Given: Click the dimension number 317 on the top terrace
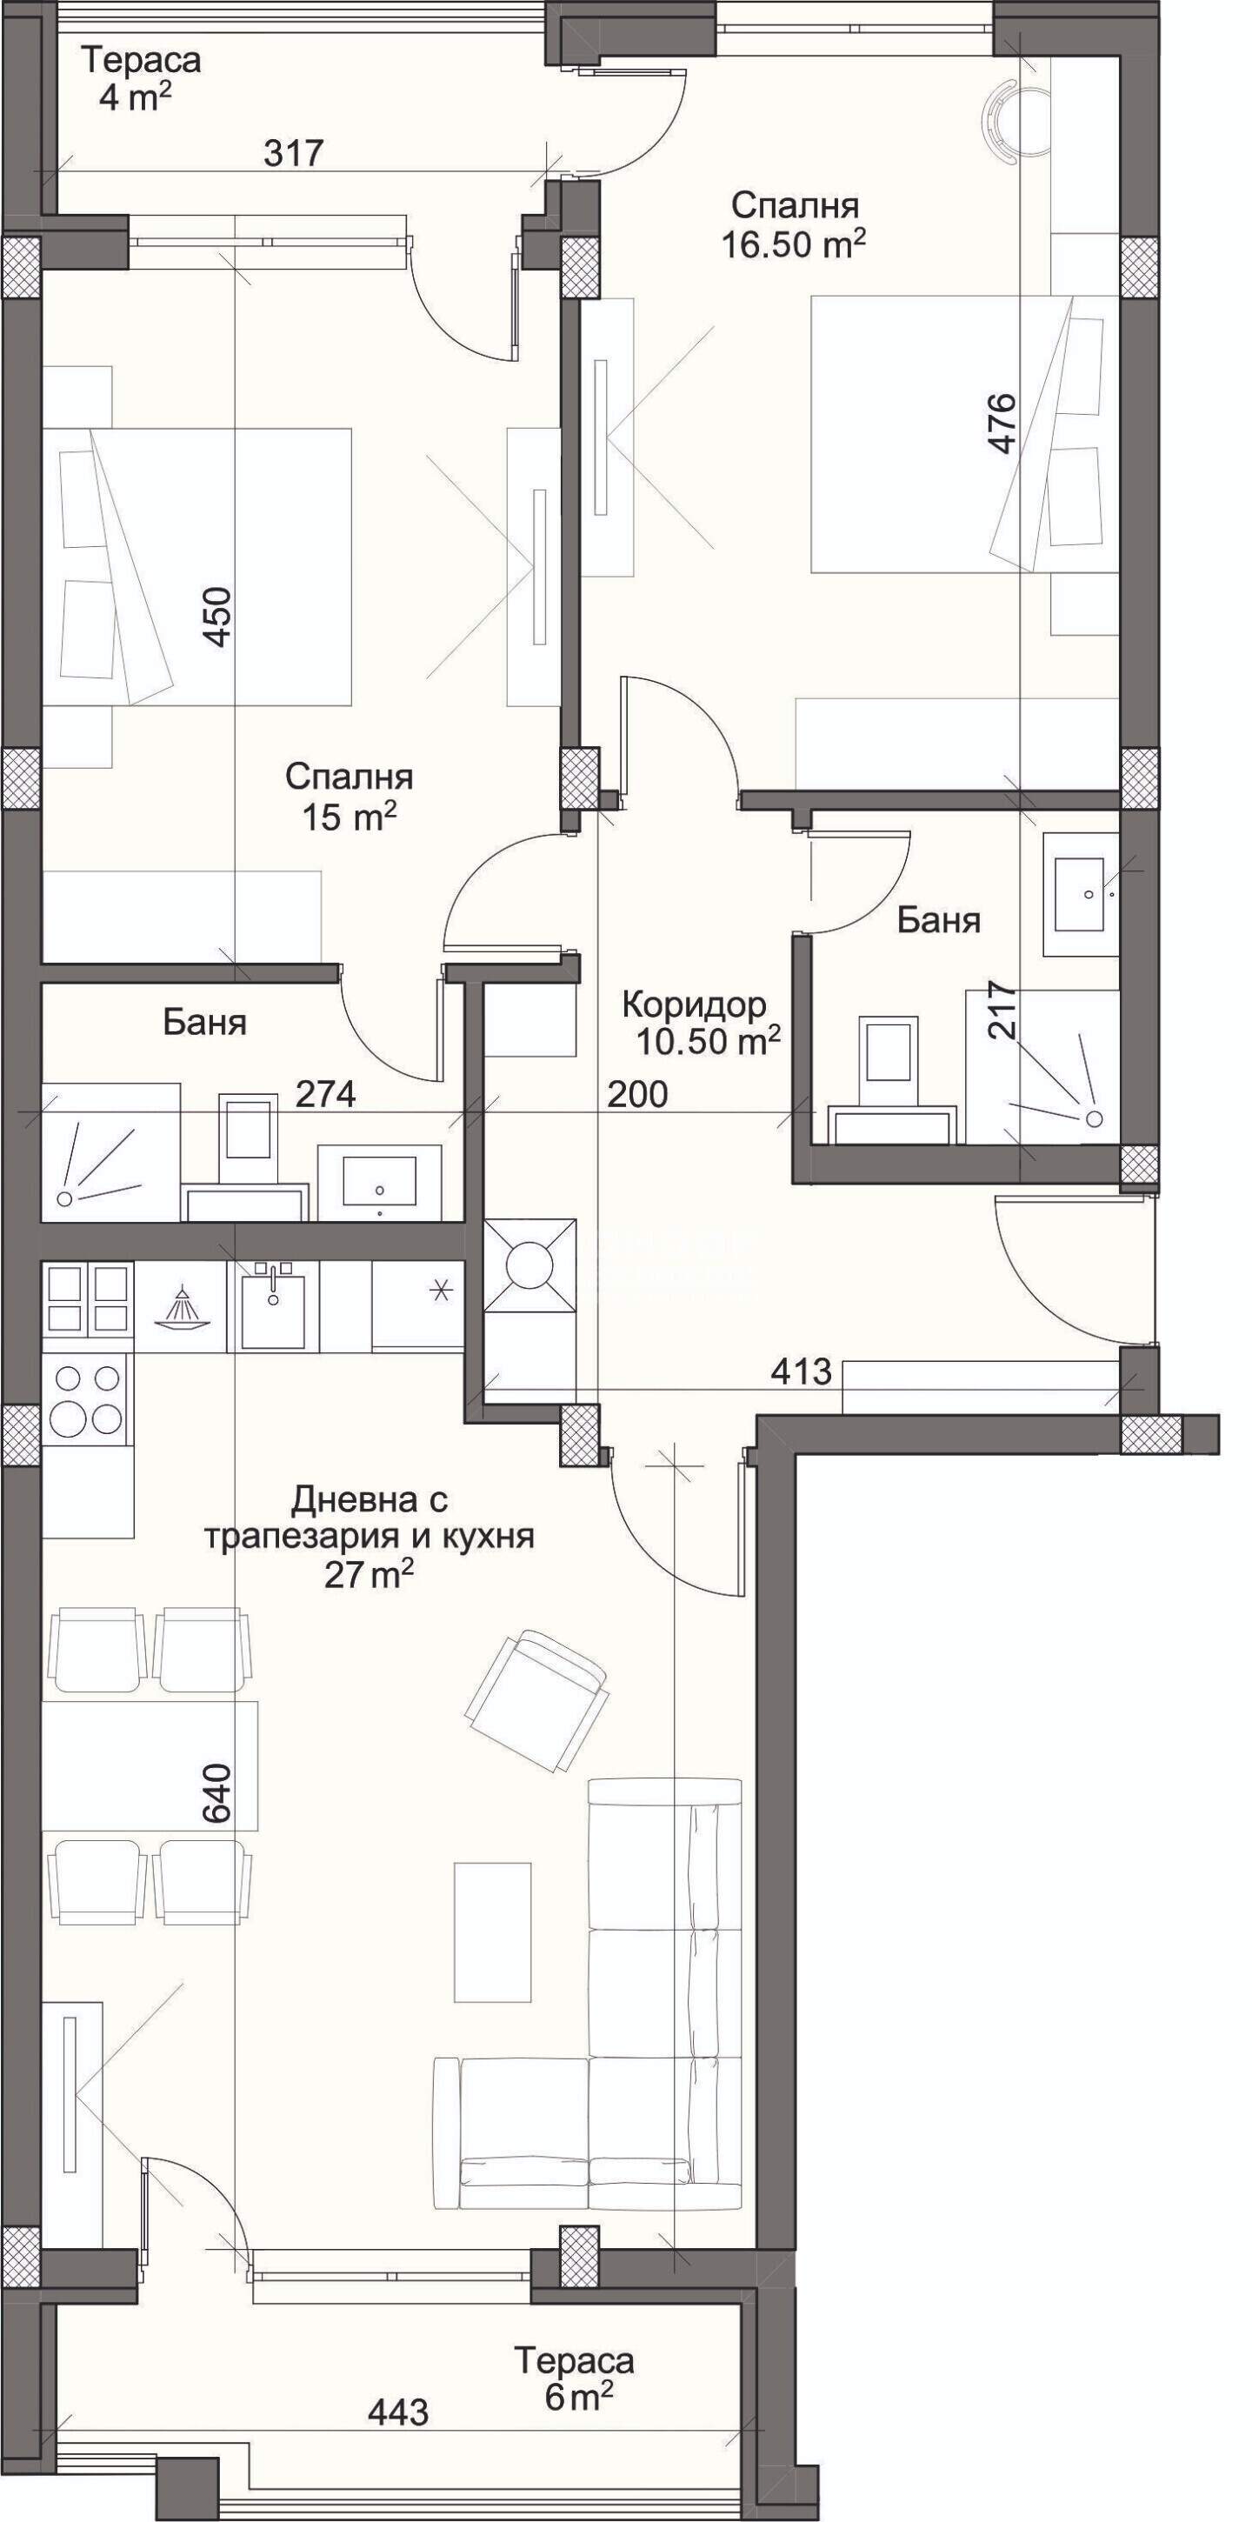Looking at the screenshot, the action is click(x=295, y=153).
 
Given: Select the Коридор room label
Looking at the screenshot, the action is click(x=694, y=1004).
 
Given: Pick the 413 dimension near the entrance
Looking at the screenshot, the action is click(x=801, y=1371).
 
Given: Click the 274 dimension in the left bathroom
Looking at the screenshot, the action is click(x=326, y=1093).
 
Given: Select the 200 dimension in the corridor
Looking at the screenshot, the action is click(x=637, y=1093).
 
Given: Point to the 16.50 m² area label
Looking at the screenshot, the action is click(x=794, y=244).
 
